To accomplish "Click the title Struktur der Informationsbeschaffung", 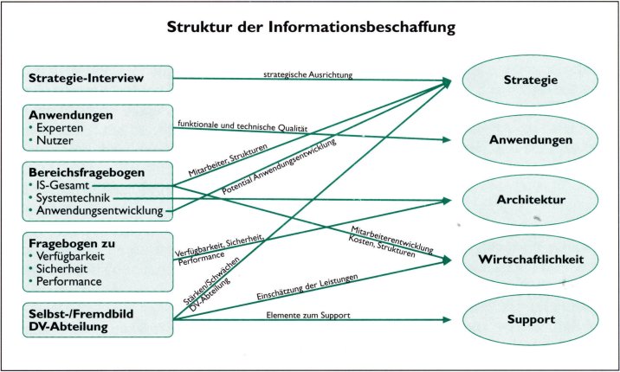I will pyautogui.click(x=311, y=28).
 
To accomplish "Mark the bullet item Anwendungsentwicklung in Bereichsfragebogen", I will pyautogui.click(x=102, y=210).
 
